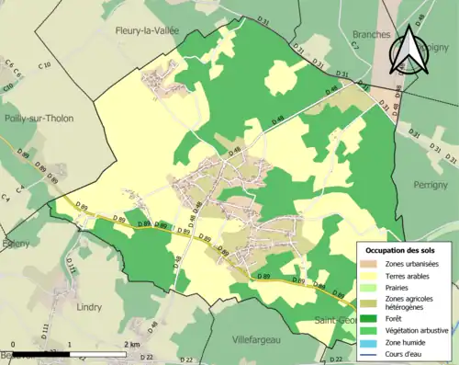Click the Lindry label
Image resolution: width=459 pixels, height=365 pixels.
tap(90, 305)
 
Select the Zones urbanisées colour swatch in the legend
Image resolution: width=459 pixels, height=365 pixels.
tap(369, 264)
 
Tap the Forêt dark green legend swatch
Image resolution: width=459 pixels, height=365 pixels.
tap(369, 318)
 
